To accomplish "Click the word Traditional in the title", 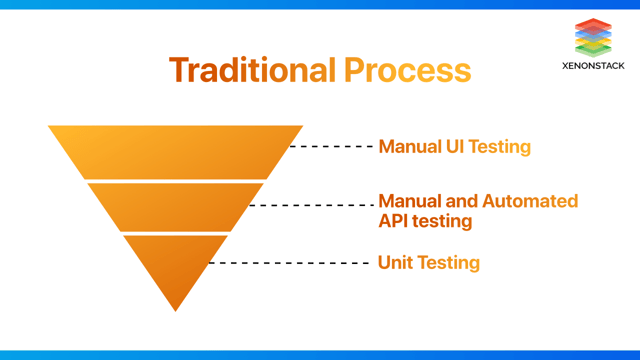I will coord(253,70).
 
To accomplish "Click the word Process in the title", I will coord(407,70).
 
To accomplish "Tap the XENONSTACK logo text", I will coord(594,66).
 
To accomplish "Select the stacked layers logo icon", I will coord(594,36).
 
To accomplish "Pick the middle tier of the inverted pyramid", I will coord(176,206).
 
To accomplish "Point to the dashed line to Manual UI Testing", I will coord(331,147).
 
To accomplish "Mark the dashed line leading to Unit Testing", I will coord(290,263).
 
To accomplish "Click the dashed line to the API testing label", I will coord(311,205).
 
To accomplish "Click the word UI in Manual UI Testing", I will coord(454,147).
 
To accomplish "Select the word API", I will coord(394,221).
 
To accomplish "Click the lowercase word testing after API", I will coord(443,222).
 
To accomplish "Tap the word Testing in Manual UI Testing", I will coord(500,148).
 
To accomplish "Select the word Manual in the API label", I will coord(409,201).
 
